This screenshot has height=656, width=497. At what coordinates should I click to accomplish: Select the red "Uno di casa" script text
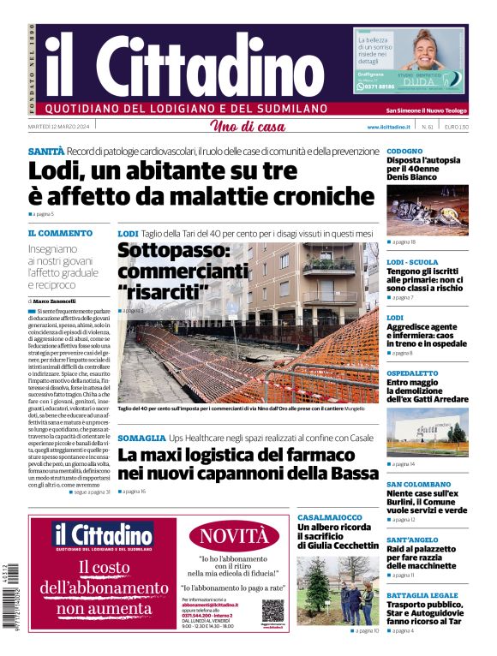(x=248, y=128)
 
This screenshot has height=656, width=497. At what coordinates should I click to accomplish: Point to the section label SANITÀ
(x=45, y=151)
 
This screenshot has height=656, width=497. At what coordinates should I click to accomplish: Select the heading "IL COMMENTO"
(x=60, y=233)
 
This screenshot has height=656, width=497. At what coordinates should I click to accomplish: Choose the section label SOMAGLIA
(x=141, y=438)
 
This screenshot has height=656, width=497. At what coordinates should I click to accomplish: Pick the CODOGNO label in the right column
(x=404, y=151)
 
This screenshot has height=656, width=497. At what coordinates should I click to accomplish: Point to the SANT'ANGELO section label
(x=412, y=540)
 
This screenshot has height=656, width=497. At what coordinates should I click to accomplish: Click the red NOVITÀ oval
(x=234, y=537)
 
